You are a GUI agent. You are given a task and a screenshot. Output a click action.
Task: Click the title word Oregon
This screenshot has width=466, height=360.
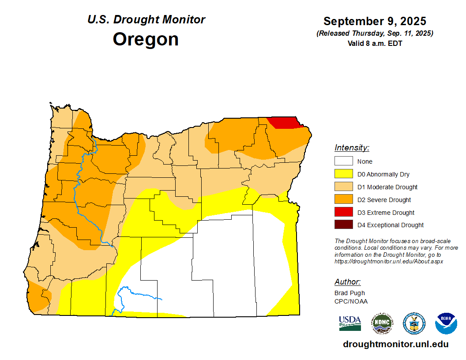tap(146, 39)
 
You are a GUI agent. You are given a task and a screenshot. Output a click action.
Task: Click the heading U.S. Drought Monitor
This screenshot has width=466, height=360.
tap(146, 19)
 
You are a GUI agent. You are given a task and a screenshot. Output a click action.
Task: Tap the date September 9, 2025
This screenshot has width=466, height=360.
tap(375, 21)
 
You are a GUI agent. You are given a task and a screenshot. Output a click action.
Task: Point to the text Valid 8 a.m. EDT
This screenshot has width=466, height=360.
tap(375, 43)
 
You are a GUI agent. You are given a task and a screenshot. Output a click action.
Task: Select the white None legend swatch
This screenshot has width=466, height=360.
tap(343, 161)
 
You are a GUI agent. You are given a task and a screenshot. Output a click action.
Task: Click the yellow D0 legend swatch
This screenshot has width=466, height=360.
tap(343, 174)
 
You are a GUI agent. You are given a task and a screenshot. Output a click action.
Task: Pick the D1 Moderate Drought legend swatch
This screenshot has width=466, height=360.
tap(343, 187)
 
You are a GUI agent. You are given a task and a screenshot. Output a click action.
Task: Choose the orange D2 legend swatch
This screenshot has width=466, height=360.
tap(343, 200)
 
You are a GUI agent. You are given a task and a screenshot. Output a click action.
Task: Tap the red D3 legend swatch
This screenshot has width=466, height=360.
tap(343, 213)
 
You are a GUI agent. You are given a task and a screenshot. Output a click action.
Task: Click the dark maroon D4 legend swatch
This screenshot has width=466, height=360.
tap(343, 225)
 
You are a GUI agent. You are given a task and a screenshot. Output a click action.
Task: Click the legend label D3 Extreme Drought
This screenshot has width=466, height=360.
tap(386, 213)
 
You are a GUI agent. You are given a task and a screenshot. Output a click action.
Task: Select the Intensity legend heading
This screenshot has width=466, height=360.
tap(352, 148)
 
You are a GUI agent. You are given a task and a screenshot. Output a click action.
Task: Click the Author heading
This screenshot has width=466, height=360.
tap(347, 282)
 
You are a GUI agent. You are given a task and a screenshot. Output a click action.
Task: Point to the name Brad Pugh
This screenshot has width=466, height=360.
tap(349, 293)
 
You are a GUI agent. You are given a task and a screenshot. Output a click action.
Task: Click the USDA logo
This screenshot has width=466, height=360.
tap(350, 323)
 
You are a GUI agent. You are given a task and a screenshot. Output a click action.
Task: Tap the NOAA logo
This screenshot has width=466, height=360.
tap(446, 323)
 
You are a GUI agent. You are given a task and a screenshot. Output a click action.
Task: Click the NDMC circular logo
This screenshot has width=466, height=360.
tap(382, 323)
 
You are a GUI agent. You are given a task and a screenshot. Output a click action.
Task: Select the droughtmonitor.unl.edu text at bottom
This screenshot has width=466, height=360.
tap(395, 345)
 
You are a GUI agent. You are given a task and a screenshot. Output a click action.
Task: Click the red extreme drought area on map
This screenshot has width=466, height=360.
tap(285, 122)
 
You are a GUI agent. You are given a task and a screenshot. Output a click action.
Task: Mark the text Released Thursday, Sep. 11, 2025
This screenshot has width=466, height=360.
tap(375, 34)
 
